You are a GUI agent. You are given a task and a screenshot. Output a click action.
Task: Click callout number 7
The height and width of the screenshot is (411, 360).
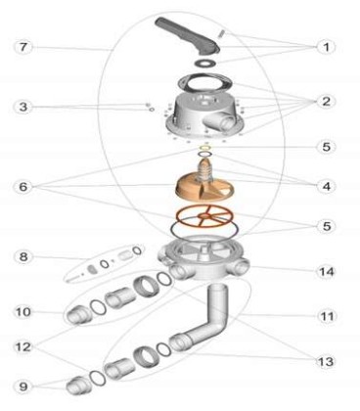[x=22, y=47]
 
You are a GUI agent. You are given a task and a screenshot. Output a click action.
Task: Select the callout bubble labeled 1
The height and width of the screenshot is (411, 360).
[x=326, y=47]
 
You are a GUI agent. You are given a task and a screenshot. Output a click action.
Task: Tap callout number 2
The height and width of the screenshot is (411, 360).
[x=326, y=102]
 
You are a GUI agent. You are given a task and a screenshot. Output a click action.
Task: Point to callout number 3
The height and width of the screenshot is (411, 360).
[x=22, y=107]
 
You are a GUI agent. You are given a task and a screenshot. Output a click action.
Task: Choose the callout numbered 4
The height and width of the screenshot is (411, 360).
[x=327, y=186]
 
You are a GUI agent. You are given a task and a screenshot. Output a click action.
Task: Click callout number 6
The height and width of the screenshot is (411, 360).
[x=22, y=187]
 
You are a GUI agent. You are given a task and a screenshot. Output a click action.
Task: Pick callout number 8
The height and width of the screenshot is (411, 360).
[x=23, y=256]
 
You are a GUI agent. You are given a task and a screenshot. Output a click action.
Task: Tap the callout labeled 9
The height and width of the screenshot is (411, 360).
[x=22, y=387]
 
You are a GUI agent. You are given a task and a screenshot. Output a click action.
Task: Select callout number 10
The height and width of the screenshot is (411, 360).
[x=23, y=312]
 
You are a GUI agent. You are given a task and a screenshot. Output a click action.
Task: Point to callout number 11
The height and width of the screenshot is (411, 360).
[x=327, y=316]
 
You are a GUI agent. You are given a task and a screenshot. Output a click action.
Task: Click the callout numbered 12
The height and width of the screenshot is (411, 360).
[x=23, y=346]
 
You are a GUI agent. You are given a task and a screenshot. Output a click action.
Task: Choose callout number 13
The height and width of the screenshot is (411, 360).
[x=327, y=361]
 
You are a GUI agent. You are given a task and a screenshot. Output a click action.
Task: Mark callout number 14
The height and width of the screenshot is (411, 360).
[x=327, y=271]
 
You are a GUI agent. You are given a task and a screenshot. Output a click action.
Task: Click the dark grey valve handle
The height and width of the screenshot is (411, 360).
[x=187, y=36]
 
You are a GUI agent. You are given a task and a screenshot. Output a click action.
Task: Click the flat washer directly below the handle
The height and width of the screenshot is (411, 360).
[x=205, y=62]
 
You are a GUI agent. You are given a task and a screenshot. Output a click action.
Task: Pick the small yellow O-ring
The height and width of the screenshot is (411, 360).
[x=204, y=148]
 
